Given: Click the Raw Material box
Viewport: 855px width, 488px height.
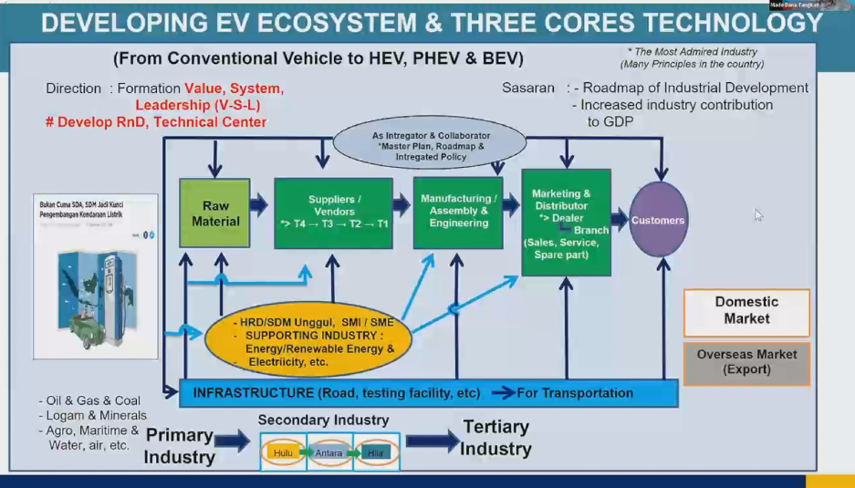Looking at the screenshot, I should tap(214, 213).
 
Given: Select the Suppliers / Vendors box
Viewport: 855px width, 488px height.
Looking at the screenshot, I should tap(333, 213).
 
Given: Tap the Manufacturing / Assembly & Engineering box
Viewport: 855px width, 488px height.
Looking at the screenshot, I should tap(458, 211).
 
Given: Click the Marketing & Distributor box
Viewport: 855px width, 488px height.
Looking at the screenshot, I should tap(566, 222).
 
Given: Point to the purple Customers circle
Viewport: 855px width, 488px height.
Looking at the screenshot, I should tap(658, 220).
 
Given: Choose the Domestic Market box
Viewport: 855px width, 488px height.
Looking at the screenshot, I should tap(746, 311).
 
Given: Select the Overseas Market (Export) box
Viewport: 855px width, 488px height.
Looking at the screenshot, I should tap(746, 362).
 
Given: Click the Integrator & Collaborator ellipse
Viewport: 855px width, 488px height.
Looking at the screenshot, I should tap(430, 144).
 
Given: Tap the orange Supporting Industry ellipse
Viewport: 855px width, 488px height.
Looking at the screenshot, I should tap(308, 338).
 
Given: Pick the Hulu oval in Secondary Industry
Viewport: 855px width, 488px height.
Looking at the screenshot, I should tap(282, 452).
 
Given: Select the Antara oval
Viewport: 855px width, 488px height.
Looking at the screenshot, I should tap(329, 452).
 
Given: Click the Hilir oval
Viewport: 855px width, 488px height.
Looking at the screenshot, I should tap(375, 452).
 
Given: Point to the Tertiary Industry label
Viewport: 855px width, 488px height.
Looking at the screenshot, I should tap(495, 438).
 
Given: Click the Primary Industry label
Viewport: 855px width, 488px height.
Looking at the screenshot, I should tap(179, 445).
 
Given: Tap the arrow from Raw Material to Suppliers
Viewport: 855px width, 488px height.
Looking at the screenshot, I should tap(259, 205).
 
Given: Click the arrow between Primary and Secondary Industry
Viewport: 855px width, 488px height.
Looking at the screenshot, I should tap(232, 442).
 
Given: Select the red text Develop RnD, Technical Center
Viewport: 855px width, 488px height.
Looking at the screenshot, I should tap(156, 122).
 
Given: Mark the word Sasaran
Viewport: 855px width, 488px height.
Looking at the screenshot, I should tap(527, 88).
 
